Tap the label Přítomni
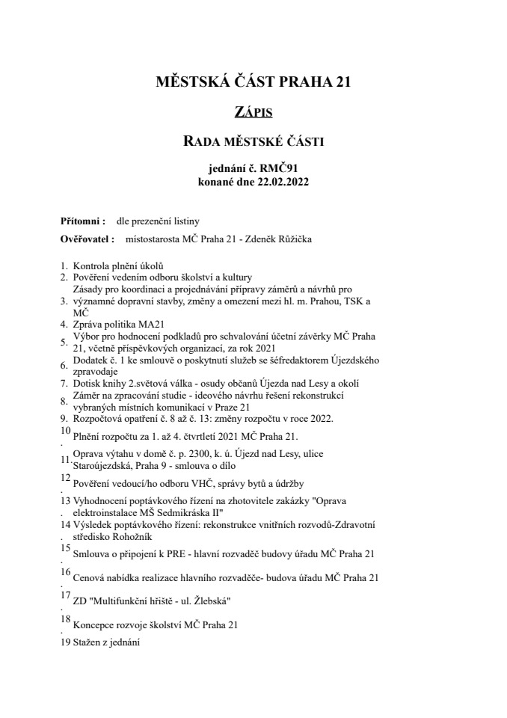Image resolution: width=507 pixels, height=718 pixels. [82, 222]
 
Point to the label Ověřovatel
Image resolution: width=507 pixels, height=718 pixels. [87, 239]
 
